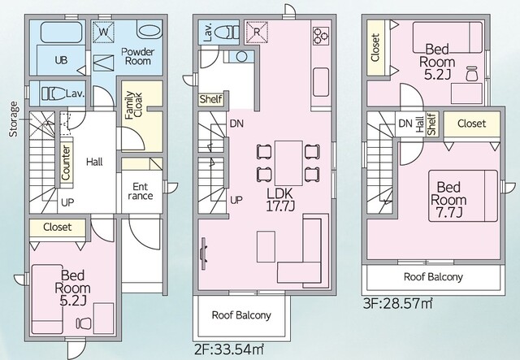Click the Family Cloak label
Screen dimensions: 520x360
point(133,105)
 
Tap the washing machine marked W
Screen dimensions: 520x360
point(103,33)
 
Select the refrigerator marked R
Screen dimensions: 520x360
point(256,33)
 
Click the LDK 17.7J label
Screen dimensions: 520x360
point(280,199)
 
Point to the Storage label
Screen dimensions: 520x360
point(14,119)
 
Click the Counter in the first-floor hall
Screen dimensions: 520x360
point(66,163)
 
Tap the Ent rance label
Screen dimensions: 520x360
point(141,191)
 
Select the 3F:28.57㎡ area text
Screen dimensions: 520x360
point(397,303)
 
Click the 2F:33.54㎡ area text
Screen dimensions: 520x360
point(229,349)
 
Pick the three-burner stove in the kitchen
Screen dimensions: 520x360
point(321,37)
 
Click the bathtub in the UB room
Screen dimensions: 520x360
point(61,33)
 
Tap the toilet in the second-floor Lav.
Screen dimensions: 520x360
point(227,33)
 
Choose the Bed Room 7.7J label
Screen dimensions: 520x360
point(448,200)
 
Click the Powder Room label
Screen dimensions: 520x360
point(137,56)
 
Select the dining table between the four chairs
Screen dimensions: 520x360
point(288,163)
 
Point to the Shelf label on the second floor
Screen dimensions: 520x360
point(211,99)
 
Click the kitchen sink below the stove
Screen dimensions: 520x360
point(321,82)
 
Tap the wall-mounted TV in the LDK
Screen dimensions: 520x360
point(203,254)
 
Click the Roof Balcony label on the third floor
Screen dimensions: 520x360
point(433,277)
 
